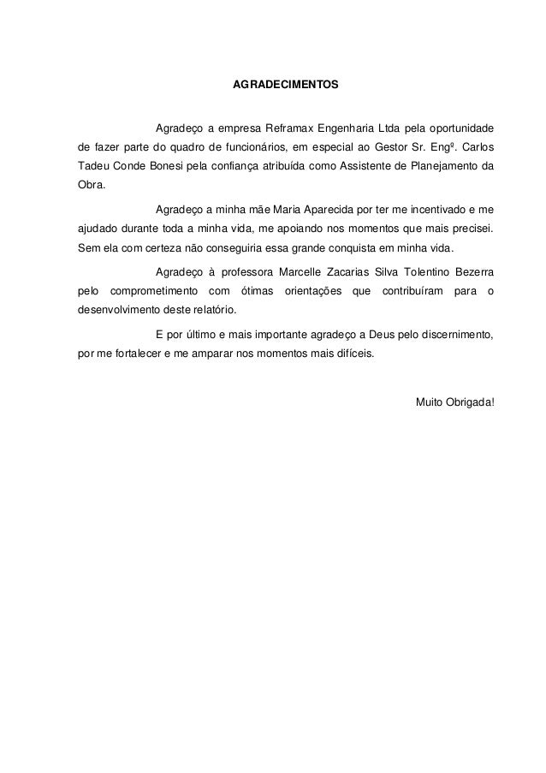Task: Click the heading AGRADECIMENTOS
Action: coord(286,86)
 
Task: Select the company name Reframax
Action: coord(291,129)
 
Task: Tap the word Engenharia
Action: coord(347,129)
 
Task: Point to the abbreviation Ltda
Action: coord(392,129)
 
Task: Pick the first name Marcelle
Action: coord(303,273)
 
